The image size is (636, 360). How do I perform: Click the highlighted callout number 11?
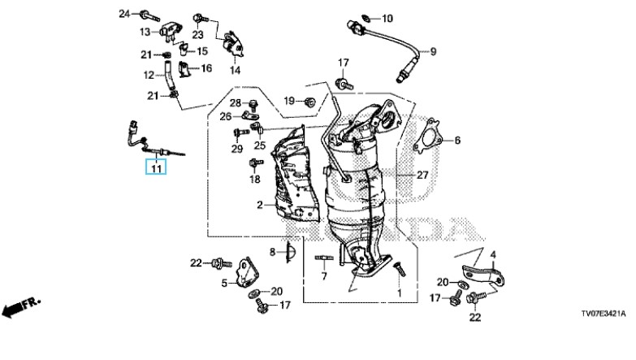[156, 167]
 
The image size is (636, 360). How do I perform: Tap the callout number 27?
[422, 175]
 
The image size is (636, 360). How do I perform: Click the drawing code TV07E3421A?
[604, 314]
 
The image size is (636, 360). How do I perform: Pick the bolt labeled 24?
[149, 16]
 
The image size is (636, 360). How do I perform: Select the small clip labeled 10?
[365, 18]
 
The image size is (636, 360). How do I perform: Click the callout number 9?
[433, 51]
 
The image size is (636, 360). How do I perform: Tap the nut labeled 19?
[310, 102]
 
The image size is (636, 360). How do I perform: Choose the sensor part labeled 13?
[171, 32]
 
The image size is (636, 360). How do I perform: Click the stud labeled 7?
[324, 258]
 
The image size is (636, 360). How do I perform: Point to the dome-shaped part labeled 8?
[291, 252]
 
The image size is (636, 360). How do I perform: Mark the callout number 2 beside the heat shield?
[260, 205]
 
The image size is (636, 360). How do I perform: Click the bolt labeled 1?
[399, 270]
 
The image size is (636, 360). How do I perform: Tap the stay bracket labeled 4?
[483, 274]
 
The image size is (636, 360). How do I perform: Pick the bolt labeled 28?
[253, 104]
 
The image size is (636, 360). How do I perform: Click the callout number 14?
[236, 71]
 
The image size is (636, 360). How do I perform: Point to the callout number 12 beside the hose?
[149, 75]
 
